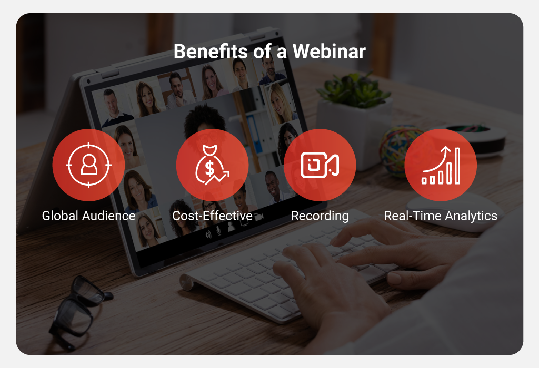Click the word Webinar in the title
329,52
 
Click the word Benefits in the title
211,52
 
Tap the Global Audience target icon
88,165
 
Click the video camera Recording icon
320,165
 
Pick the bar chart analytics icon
441,165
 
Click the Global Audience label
88,216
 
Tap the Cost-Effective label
213,216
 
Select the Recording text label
320,216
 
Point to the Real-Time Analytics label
441,216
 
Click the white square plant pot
354,134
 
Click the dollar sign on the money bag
209,168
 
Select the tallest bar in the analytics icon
457,166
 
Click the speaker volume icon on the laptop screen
208,234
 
